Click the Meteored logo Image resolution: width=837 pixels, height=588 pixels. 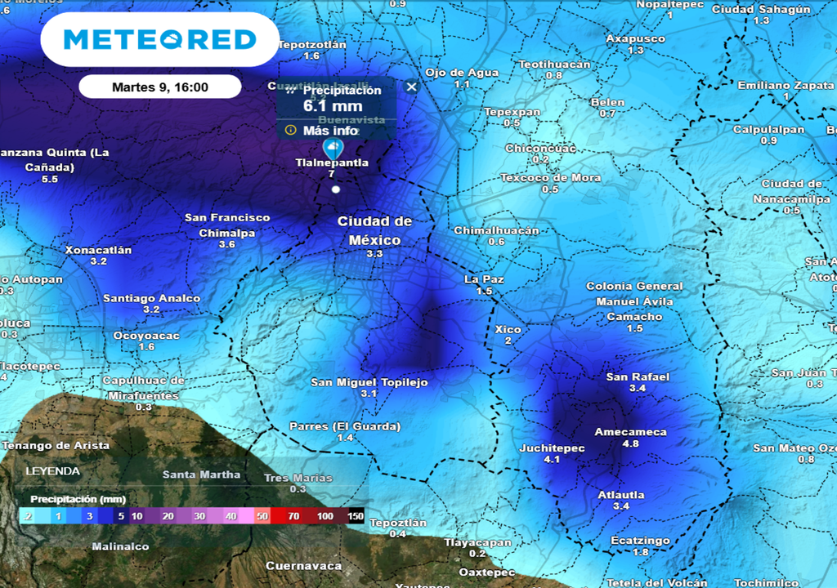pyautogui.click(x=159, y=39)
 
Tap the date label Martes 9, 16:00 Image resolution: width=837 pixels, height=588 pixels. pyautogui.click(x=160, y=87)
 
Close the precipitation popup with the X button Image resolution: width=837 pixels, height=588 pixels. pyautogui.click(x=411, y=87)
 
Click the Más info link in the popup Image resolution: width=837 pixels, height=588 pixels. pyautogui.click(x=330, y=131)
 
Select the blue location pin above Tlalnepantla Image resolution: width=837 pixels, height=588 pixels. pyautogui.click(x=333, y=148)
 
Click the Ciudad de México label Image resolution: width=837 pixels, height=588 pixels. pyautogui.click(x=375, y=230)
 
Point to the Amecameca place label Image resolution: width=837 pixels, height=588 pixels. pyautogui.click(x=630, y=432)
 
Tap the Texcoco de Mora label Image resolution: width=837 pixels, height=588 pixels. pyautogui.click(x=550, y=177)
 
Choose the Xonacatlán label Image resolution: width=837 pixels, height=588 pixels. pyautogui.click(x=98, y=250)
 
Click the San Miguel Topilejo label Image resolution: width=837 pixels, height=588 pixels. pyautogui.click(x=369, y=382)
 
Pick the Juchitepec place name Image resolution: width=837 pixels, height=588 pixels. pyautogui.click(x=552, y=448)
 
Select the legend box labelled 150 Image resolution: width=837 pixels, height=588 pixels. pyautogui.click(x=356, y=516)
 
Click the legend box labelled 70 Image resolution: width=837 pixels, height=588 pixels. pyautogui.click(x=293, y=516)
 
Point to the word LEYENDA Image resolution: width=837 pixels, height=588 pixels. pyautogui.click(x=52, y=471)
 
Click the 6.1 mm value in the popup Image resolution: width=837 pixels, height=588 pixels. pyautogui.click(x=333, y=106)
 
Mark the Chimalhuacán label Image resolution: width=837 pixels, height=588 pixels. pyautogui.click(x=496, y=230)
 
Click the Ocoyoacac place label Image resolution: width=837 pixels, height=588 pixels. pyautogui.click(x=146, y=336)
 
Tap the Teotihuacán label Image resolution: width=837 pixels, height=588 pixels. pyautogui.click(x=554, y=64)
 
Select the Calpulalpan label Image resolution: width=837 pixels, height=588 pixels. pyautogui.click(x=768, y=129)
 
